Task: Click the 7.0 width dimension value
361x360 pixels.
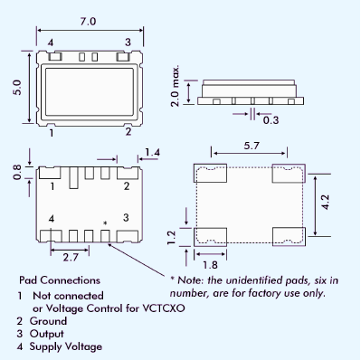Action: coord(88,22)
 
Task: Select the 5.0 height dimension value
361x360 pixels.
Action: coord(17,88)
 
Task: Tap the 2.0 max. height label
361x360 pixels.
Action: coord(175,85)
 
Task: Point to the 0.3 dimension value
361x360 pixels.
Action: coord(271,120)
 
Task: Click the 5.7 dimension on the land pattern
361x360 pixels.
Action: coord(252,146)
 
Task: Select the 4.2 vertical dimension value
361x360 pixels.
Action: coord(326,202)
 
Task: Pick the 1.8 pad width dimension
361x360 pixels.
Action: coord(210,265)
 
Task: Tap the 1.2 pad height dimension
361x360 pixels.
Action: coord(171,238)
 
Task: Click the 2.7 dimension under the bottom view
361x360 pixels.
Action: coord(71,257)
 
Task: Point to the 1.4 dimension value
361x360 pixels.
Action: coord(152,152)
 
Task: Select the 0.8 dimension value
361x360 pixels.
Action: coord(17,172)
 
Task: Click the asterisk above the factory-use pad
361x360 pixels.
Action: coord(105,223)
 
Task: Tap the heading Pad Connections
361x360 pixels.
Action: coord(60,280)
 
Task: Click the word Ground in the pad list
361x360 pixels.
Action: coord(48,321)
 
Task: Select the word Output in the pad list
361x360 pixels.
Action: coord(47,334)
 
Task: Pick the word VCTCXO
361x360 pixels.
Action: coord(164,308)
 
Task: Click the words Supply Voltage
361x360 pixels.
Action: coord(66,346)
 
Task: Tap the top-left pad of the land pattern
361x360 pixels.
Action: coord(210,173)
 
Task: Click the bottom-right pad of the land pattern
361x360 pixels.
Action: coord(289,237)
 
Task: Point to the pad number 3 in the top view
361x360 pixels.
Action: coord(128,43)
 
